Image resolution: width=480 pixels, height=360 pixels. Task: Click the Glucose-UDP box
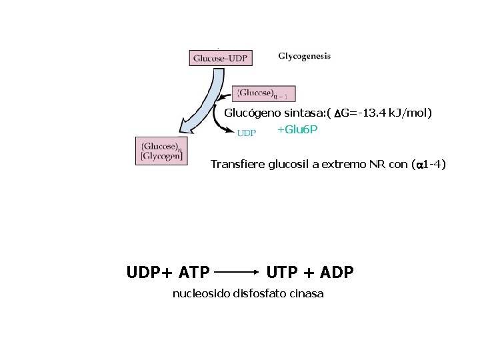tap(220, 58)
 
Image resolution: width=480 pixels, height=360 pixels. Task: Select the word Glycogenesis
tap(304, 57)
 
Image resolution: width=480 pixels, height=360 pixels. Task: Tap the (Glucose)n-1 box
tap(264, 93)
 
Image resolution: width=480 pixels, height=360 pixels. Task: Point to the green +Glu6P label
tap(297, 129)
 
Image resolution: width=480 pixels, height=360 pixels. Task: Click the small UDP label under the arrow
tap(247, 133)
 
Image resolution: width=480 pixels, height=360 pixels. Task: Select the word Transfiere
tap(237, 164)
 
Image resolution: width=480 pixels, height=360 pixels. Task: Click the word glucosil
tap(289, 164)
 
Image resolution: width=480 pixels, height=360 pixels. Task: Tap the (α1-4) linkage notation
tap(429, 164)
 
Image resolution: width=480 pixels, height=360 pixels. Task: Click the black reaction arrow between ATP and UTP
tap(238, 272)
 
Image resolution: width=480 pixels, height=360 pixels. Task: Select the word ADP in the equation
tap(337, 272)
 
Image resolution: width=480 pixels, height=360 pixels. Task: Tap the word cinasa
tap(306, 293)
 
